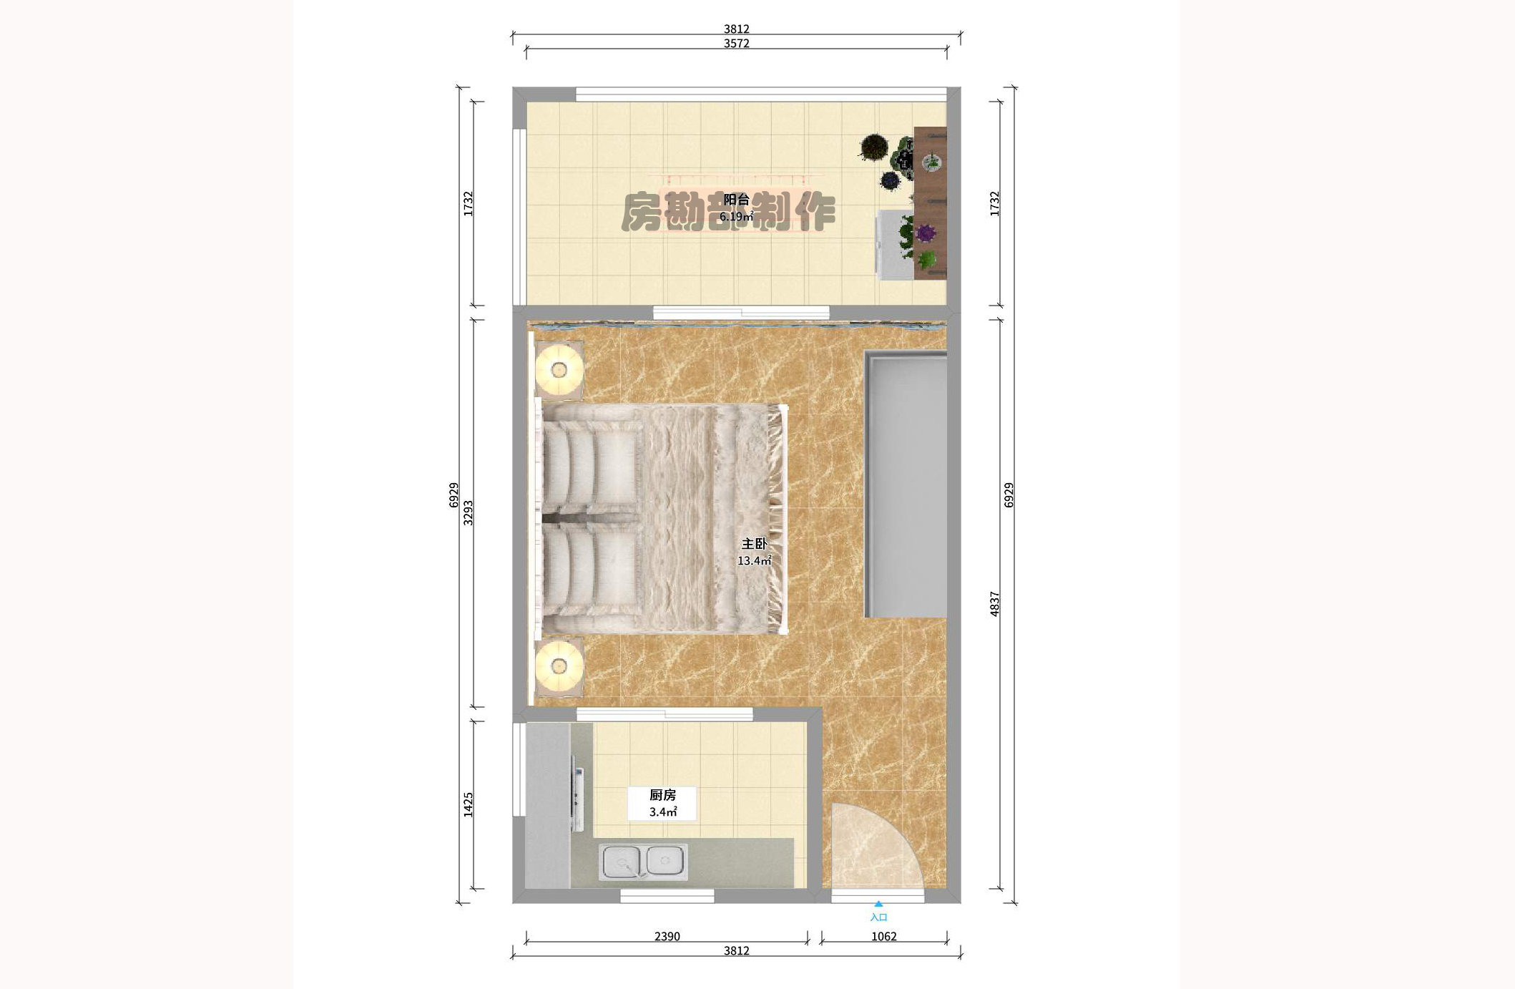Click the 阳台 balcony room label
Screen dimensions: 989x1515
tap(736, 200)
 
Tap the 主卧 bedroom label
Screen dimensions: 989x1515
tap(754, 544)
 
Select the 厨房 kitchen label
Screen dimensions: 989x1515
tap(662, 795)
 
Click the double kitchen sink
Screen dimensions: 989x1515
tap(643, 862)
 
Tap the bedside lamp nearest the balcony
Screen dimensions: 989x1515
tap(559, 370)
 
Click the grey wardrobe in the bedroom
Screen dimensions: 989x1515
tap(906, 484)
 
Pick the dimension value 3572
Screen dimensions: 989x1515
tap(736, 44)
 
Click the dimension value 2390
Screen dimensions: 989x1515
tap(667, 936)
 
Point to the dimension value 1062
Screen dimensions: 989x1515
tap(883, 936)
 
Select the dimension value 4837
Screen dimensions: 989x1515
tap(994, 604)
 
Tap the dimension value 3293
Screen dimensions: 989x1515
tap(469, 513)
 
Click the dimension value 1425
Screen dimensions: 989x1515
tap(469, 804)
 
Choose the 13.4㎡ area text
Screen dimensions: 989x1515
tap(754, 561)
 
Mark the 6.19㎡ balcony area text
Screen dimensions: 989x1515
tap(736, 216)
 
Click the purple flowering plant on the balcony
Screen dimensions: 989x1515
tap(926, 233)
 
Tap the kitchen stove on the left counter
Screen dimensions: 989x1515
tap(577, 798)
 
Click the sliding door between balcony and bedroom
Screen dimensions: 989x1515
tap(741, 313)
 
